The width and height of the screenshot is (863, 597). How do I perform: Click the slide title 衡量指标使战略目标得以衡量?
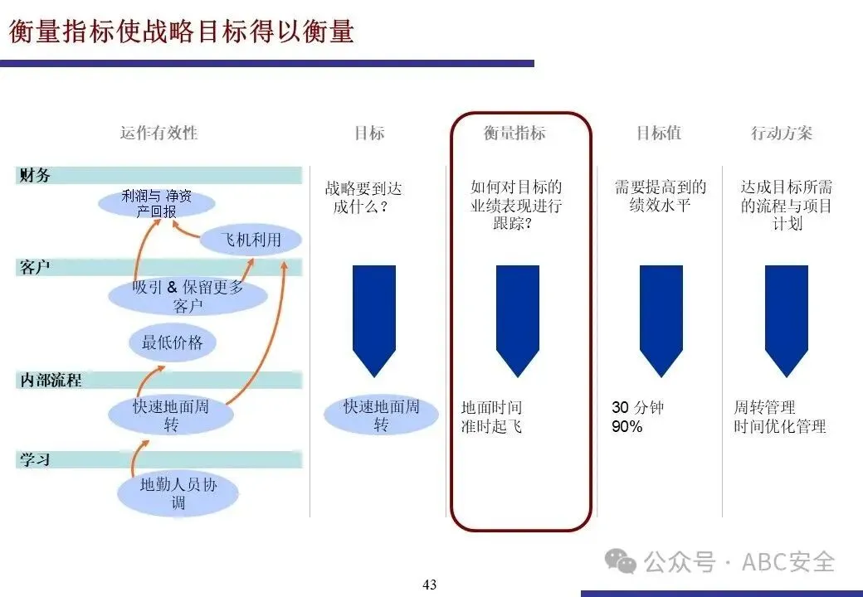pos(182,32)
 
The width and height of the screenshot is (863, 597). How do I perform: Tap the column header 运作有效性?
pos(159,133)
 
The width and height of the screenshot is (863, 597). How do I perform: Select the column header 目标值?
pos(658,133)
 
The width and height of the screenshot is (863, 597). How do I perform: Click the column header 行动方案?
pos(781,133)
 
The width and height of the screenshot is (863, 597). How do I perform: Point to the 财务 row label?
pos(35,175)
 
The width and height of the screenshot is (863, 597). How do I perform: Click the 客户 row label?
pos(35,267)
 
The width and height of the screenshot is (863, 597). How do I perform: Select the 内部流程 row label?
pos(50,381)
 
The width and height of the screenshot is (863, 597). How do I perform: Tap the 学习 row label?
pos(35,459)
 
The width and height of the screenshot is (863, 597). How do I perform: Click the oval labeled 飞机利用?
pos(251,240)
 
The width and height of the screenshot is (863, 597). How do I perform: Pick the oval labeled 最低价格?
pos(173,342)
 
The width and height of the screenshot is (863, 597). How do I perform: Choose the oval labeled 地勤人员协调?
pos(178,493)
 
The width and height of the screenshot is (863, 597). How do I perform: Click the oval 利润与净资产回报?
pos(157,203)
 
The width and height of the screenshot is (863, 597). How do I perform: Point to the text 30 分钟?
pos(637,408)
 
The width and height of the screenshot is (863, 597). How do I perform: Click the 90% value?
pos(627,427)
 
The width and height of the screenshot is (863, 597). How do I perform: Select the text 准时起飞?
pos(491,427)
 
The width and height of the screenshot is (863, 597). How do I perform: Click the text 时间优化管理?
pos(780,427)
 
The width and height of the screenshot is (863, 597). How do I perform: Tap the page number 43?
pos(429,585)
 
